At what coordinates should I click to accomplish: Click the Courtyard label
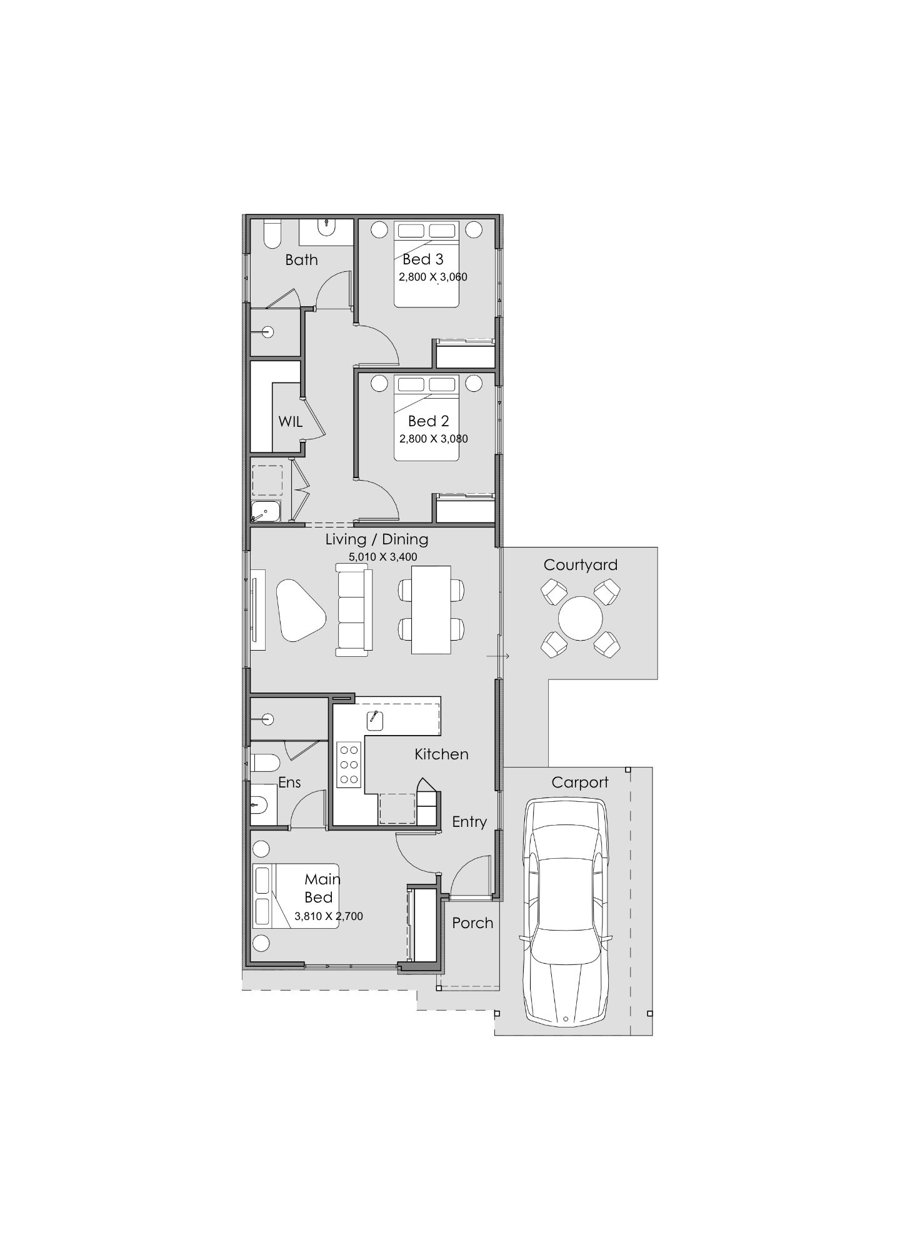point(580,565)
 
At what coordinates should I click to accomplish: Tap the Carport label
point(580,782)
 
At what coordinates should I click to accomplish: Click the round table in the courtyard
point(581,619)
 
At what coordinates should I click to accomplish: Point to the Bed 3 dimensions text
point(433,277)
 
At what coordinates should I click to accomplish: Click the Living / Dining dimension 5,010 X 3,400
point(382,557)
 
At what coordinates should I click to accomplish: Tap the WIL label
point(290,422)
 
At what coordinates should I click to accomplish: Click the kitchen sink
point(375,721)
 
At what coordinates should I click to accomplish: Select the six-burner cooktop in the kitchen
point(349,764)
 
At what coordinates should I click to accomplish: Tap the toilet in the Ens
point(265,763)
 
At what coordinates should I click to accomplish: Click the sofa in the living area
point(354,610)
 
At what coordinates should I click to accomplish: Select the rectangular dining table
point(431,610)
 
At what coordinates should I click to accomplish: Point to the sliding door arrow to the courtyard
point(499,656)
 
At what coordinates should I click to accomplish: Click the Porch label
point(472,923)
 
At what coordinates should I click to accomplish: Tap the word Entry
point(469,822)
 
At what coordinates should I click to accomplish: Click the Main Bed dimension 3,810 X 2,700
point(329,917)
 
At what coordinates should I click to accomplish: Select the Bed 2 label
point(429,421)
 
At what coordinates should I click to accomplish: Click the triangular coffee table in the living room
point(301,611)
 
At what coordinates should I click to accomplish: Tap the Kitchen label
point(441,754)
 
